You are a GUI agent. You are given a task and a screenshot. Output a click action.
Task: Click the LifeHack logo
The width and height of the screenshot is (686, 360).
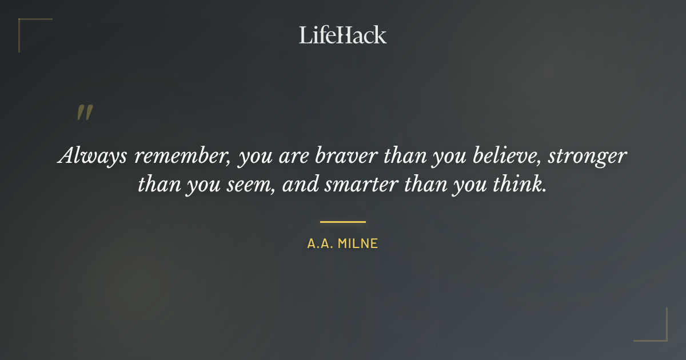[343, 35]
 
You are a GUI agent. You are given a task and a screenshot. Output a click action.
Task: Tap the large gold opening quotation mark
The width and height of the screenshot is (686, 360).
[84, 113]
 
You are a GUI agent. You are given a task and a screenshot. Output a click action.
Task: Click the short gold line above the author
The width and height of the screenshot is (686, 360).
[343, 222]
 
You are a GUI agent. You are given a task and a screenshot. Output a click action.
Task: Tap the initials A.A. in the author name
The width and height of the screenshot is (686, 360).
[320, 244]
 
